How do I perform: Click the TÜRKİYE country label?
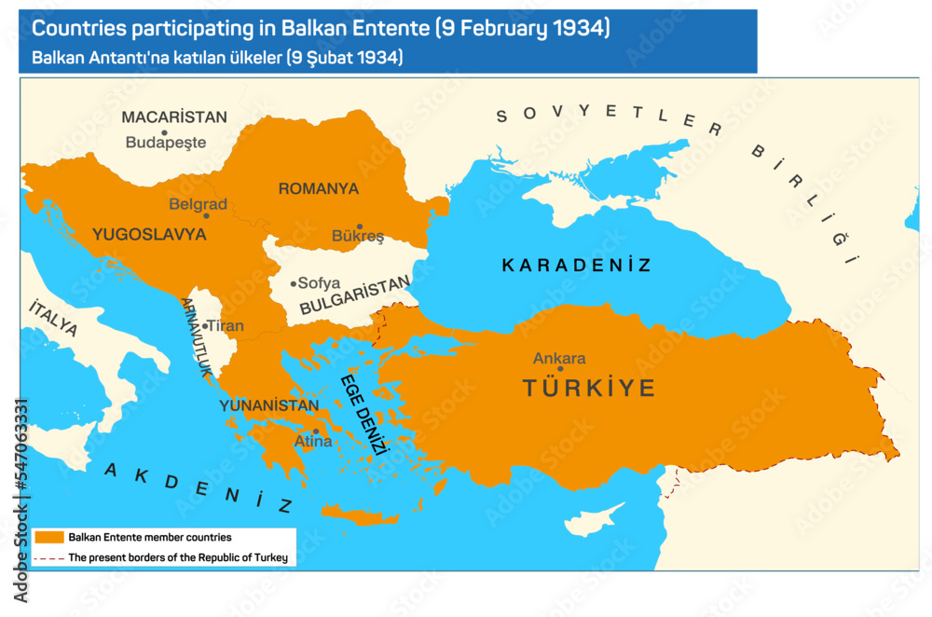[x=588, y=389]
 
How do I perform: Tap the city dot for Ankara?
[x=560, y=369]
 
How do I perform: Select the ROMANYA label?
[x=318, y=189]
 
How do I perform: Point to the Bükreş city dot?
[x=360, y=226]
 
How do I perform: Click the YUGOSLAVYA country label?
[x=149, y=235]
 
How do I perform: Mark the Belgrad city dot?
[x=206, y=215]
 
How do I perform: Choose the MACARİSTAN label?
[x=174, y=117]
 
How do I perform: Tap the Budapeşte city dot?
[x=164, y=132]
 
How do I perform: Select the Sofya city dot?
[x=294, y=283]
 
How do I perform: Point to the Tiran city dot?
[x=204, y=326]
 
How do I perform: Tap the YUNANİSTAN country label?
[x=268, y=405]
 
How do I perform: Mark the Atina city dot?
[x=316, y=432]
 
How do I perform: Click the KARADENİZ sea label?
[x=576, y=266]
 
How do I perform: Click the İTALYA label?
[x=53, y=319]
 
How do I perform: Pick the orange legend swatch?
[x=49, y=538]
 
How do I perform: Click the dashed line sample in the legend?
[x=49, y=558]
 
